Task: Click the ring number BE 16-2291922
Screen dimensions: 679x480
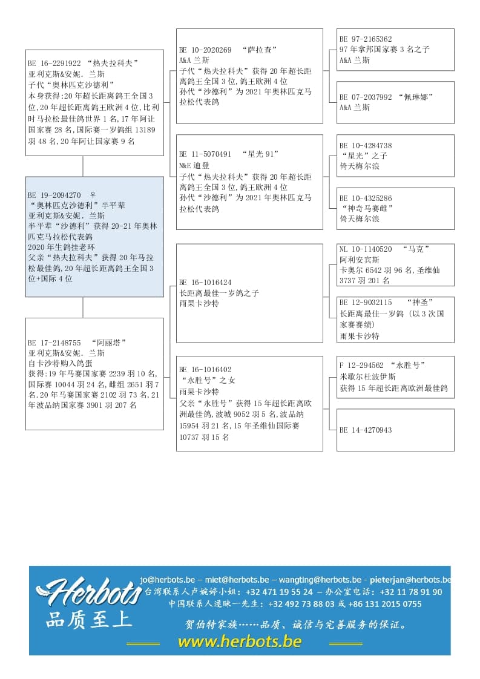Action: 54,63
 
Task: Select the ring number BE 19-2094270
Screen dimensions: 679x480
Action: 54,195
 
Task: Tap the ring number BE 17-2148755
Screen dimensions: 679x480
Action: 54,342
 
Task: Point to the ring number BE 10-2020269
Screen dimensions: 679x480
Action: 205,50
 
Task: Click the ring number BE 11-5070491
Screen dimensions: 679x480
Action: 205,154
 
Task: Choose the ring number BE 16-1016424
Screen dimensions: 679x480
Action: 205,282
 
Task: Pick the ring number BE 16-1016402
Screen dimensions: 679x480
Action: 205,369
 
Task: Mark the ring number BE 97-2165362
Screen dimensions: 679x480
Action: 366,39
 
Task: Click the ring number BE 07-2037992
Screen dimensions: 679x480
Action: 366,97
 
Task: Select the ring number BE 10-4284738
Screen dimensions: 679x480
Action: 366,145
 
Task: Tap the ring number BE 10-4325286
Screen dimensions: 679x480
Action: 366,198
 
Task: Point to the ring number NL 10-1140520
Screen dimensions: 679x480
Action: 366,249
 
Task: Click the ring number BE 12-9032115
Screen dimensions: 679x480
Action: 366,302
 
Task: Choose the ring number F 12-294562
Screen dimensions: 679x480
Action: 361,365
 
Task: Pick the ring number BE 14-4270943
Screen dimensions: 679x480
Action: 366,430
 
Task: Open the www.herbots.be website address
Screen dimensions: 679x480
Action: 240,641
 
